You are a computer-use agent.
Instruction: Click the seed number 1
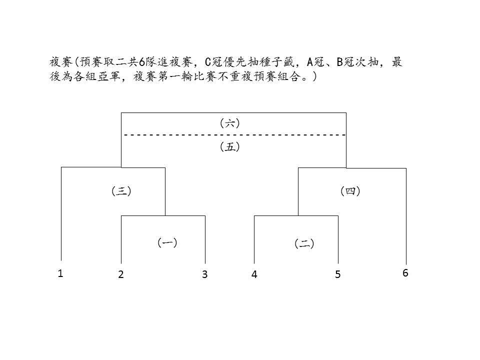pos(60,273)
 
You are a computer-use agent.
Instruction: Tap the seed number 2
pos(121,274)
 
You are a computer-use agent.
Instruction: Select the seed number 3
pos(205,274)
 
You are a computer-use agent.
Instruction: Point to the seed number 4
pos(254,274)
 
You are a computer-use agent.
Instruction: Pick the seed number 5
pos(337,274)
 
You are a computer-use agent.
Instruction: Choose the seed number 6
pos(405,273)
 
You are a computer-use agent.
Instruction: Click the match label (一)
pos(167,243)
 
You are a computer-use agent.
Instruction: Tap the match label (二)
pos(304,243)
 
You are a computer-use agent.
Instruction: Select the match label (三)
pos(121,191)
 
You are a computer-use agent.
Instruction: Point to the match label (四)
pos(350,191)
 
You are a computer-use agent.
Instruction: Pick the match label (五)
pos(230,147)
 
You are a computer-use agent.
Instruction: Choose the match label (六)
pos(230,123)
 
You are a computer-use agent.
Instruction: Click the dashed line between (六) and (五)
pos(235,134)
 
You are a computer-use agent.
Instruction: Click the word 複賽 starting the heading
pos(61,62)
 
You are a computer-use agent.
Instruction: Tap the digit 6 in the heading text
pos(141,62)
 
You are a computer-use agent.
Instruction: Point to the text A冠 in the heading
pos(315,62)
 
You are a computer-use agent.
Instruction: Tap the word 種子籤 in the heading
pos(276,62)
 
